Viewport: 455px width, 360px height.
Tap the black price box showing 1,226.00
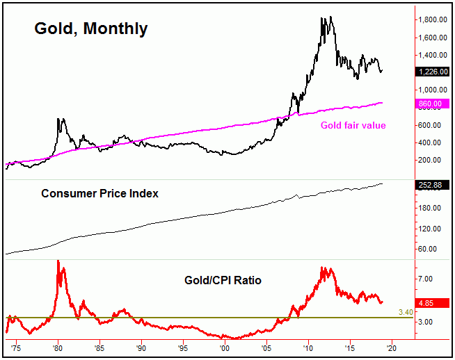435,71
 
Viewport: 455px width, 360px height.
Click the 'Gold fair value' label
353,125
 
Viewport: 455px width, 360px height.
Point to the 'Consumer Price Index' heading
99,193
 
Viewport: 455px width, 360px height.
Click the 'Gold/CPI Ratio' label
223,281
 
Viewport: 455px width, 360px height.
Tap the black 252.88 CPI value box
435,186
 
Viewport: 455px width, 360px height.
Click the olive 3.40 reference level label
406,313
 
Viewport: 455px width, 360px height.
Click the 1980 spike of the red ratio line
58,262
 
